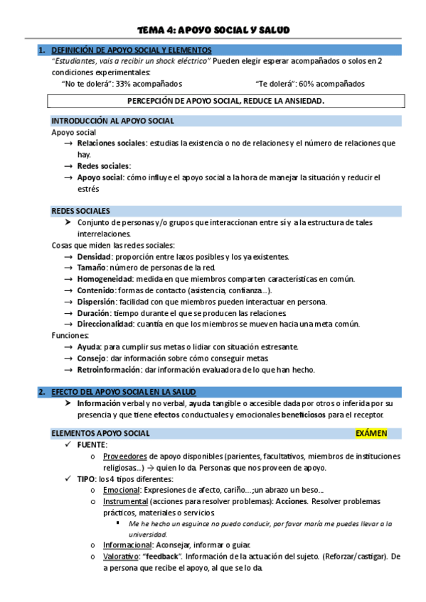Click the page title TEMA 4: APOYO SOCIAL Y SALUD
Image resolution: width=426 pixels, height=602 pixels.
pos(213,29)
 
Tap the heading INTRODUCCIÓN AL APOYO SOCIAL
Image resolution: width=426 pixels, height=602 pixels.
pos(113,121)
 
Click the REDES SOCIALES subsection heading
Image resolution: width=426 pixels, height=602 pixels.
pos(81,211)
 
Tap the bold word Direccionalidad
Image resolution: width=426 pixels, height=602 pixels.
pos(105,324)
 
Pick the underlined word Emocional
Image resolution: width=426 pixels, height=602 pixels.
pos(121,490)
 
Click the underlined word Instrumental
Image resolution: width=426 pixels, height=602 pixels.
pos(125,501)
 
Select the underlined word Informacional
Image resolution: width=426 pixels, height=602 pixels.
pos(127,545)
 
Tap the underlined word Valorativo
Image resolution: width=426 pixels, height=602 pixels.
pos(122,557)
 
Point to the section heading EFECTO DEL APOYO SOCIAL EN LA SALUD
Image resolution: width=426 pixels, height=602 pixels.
pos(128,391)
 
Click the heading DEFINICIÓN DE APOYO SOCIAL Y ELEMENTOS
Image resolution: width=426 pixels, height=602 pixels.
pos(132,50)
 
